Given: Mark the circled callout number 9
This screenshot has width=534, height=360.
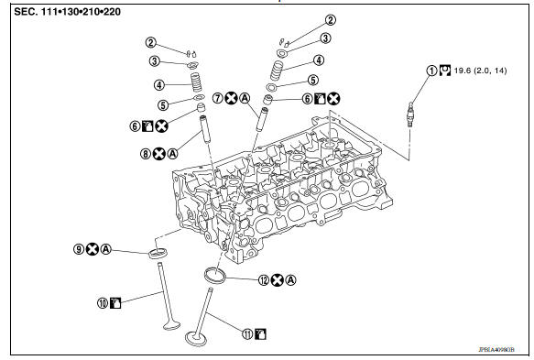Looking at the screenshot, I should click(x=79, y=248).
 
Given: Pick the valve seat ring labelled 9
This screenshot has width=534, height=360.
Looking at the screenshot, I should click(x=158, y=251).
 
